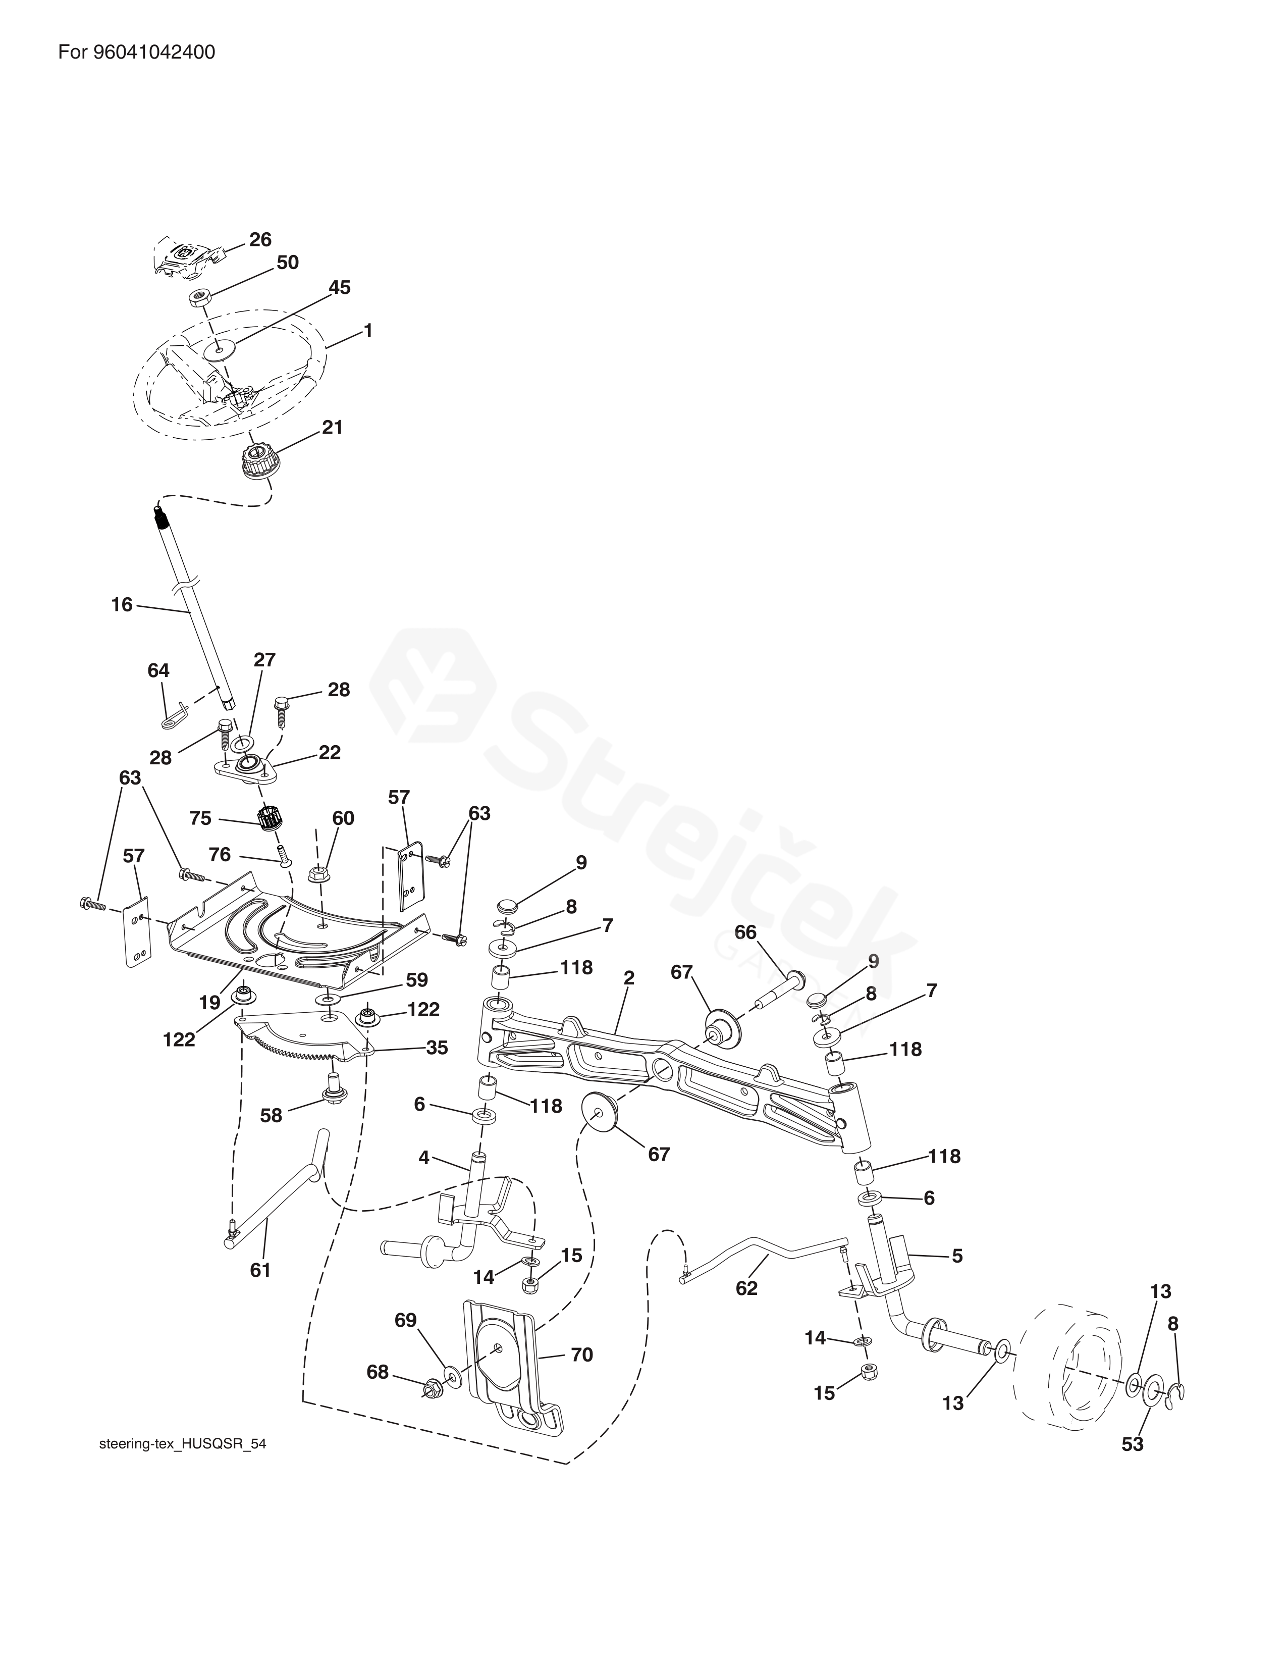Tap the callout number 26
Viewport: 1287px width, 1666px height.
(260, 239)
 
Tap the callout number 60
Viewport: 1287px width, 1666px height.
(343, 818)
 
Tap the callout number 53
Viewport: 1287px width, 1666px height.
(1132, 1444)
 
